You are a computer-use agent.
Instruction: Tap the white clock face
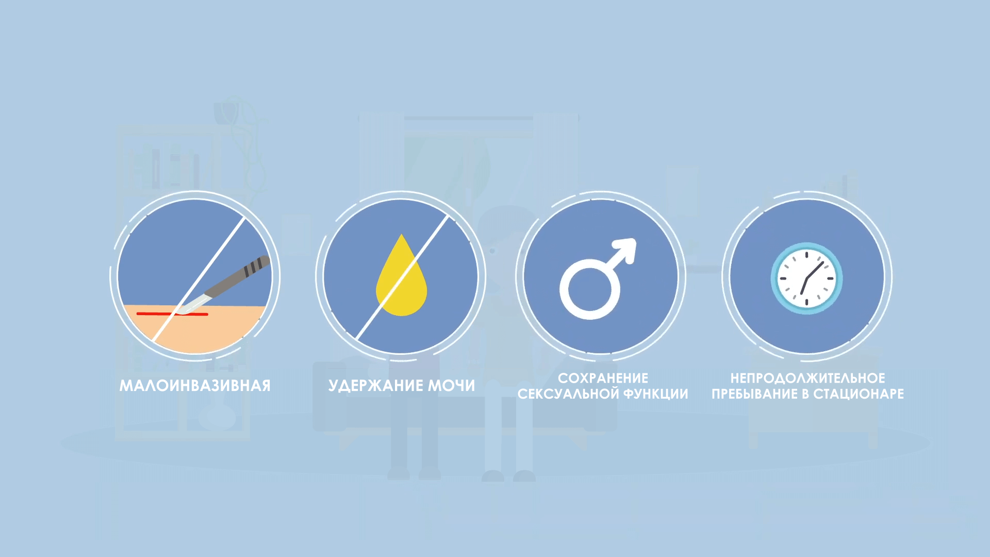click(806, 278)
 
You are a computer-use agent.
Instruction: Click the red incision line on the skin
click(172, 314)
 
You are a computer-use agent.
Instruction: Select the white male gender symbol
click(598, 278)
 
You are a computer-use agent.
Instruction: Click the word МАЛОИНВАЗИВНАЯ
click(195, 386)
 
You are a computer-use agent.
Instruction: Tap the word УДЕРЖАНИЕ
click(375, 386)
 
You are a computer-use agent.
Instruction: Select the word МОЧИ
click(452, 386)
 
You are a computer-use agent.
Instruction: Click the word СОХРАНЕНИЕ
click(603, 378)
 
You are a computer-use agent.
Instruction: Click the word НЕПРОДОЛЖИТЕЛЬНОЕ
click(807, 378)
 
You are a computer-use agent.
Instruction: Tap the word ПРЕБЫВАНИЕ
click(754, 394)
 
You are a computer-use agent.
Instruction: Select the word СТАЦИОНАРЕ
click(859, 394)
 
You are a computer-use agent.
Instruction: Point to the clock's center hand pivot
click(806, 279)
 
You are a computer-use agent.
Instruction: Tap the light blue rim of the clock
click(774, 278)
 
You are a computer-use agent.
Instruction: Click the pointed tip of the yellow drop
click(402, 235)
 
